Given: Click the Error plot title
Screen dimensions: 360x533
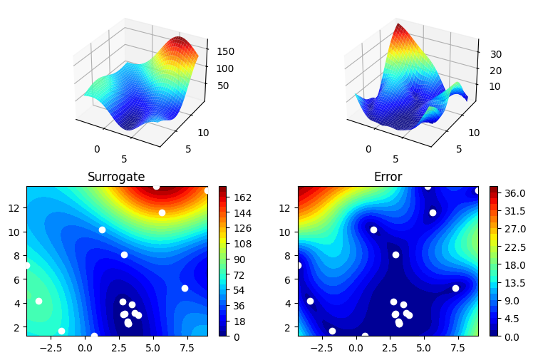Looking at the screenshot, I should [x=388, y=177].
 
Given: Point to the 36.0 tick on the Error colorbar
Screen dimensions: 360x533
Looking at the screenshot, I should [x=515, y=193].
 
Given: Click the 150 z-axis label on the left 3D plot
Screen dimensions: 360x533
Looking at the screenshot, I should [x=225, y=51].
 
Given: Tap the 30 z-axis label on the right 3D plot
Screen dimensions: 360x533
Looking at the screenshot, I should [x=496, y=54].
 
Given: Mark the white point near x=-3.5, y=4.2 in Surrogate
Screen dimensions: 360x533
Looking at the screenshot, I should [x=38, y=301].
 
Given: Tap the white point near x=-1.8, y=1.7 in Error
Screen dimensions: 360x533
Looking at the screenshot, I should [x=332, y=331].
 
